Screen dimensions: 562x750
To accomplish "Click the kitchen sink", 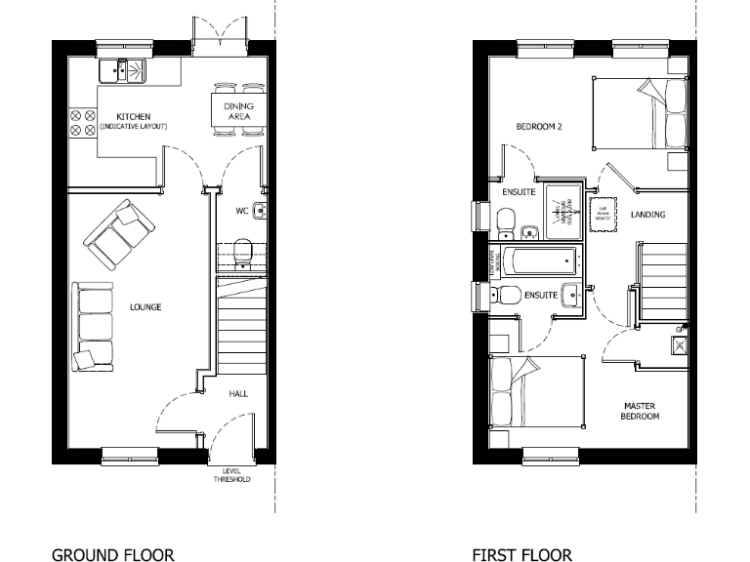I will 122,70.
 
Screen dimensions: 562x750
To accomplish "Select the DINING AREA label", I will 238,110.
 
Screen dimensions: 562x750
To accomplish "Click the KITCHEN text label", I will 133,116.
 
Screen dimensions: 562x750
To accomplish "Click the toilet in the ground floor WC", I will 244,252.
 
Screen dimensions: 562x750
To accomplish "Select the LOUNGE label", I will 146,307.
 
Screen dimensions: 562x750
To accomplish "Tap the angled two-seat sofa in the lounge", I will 118,235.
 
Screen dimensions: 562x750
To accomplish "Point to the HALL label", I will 238,394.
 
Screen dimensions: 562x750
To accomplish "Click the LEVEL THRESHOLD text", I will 231,476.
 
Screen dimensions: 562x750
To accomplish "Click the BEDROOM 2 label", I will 539,126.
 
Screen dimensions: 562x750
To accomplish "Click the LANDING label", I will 648,215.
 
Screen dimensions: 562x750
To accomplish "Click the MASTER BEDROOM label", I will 640,410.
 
